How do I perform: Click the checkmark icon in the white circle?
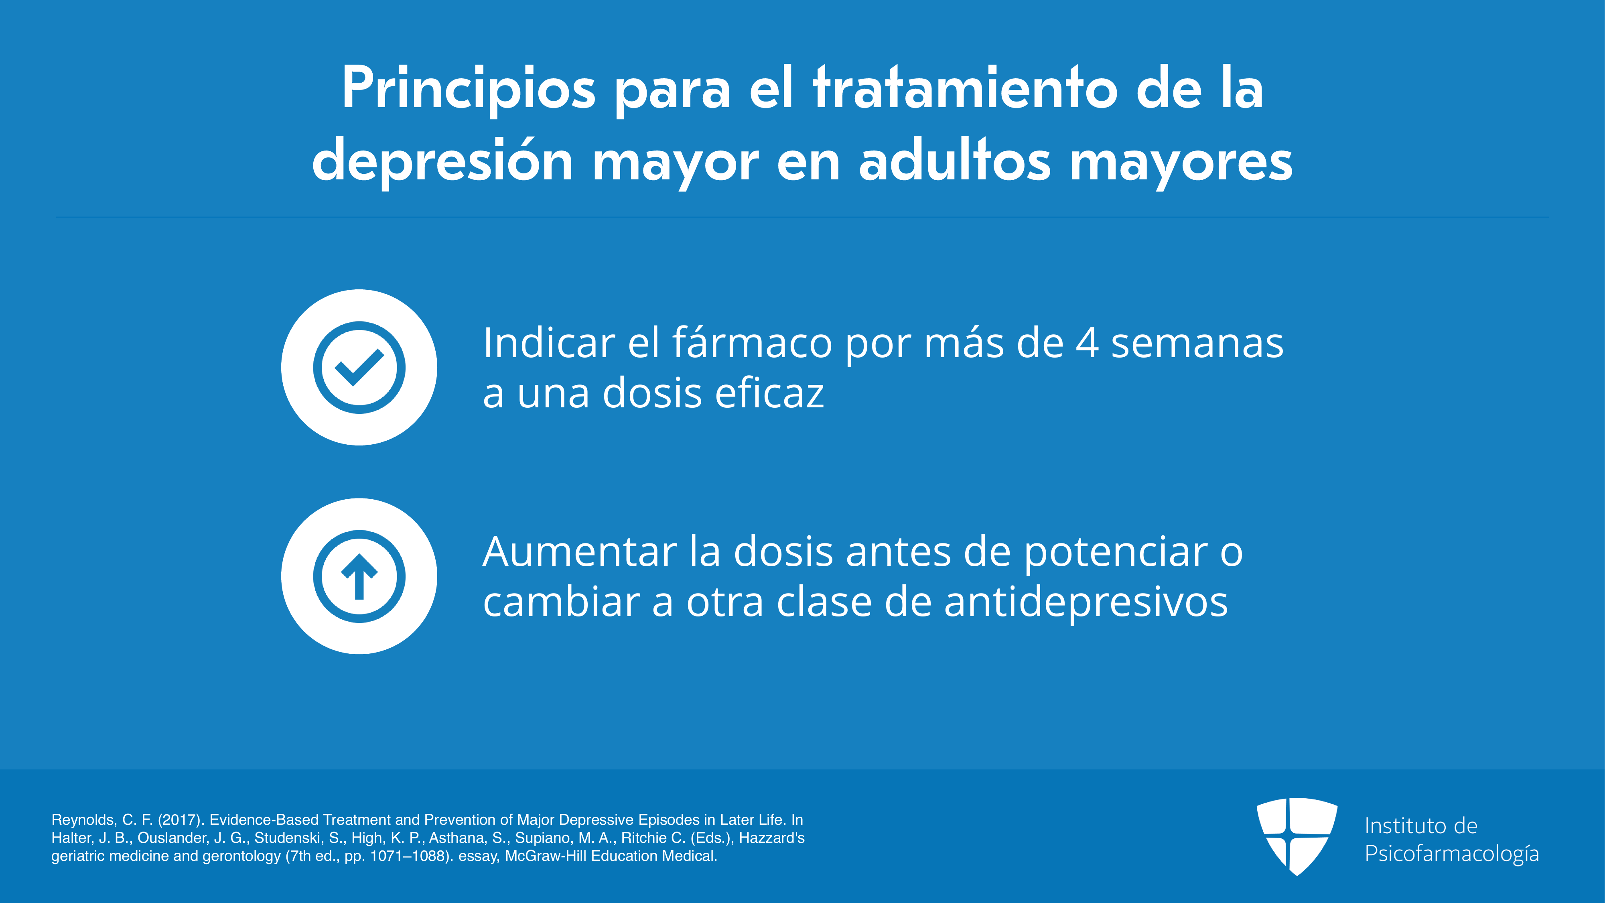(x=359, y=367)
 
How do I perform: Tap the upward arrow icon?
(x=359, y=576)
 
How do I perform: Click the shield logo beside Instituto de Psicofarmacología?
(x=1297, y=836)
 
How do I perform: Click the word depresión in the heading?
(x=442, y=161)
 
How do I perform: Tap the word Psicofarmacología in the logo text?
(x=1452, y=854)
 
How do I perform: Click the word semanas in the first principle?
(x=1197, y=344)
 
